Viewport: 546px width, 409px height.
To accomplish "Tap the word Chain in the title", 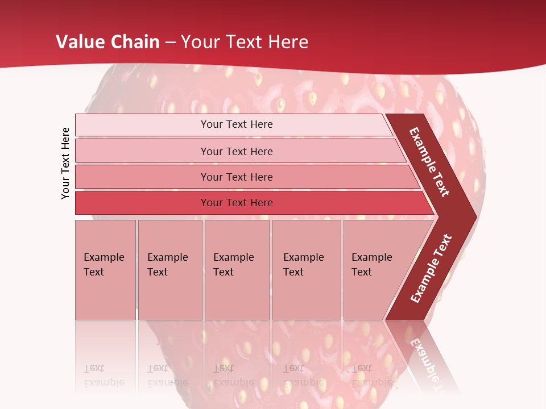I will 135,42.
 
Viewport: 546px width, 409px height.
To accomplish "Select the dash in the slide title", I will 170,42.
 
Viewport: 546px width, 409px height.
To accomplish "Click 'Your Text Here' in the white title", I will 245,42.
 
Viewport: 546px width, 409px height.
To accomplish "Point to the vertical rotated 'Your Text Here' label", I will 65,163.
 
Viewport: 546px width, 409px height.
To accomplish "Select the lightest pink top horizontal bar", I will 236,124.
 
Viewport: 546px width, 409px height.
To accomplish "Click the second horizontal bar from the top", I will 236,151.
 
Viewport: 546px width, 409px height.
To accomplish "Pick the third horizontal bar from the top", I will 236,177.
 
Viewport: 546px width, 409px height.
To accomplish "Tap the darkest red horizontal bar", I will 236,203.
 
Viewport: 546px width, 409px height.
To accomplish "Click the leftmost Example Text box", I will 105,269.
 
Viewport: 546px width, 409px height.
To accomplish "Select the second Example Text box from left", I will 169,269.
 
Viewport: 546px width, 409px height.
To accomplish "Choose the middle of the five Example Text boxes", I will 237,269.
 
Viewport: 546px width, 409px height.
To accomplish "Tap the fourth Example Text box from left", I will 307,269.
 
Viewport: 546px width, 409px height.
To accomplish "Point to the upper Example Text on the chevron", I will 429,162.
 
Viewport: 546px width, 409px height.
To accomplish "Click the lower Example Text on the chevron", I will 431,269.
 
